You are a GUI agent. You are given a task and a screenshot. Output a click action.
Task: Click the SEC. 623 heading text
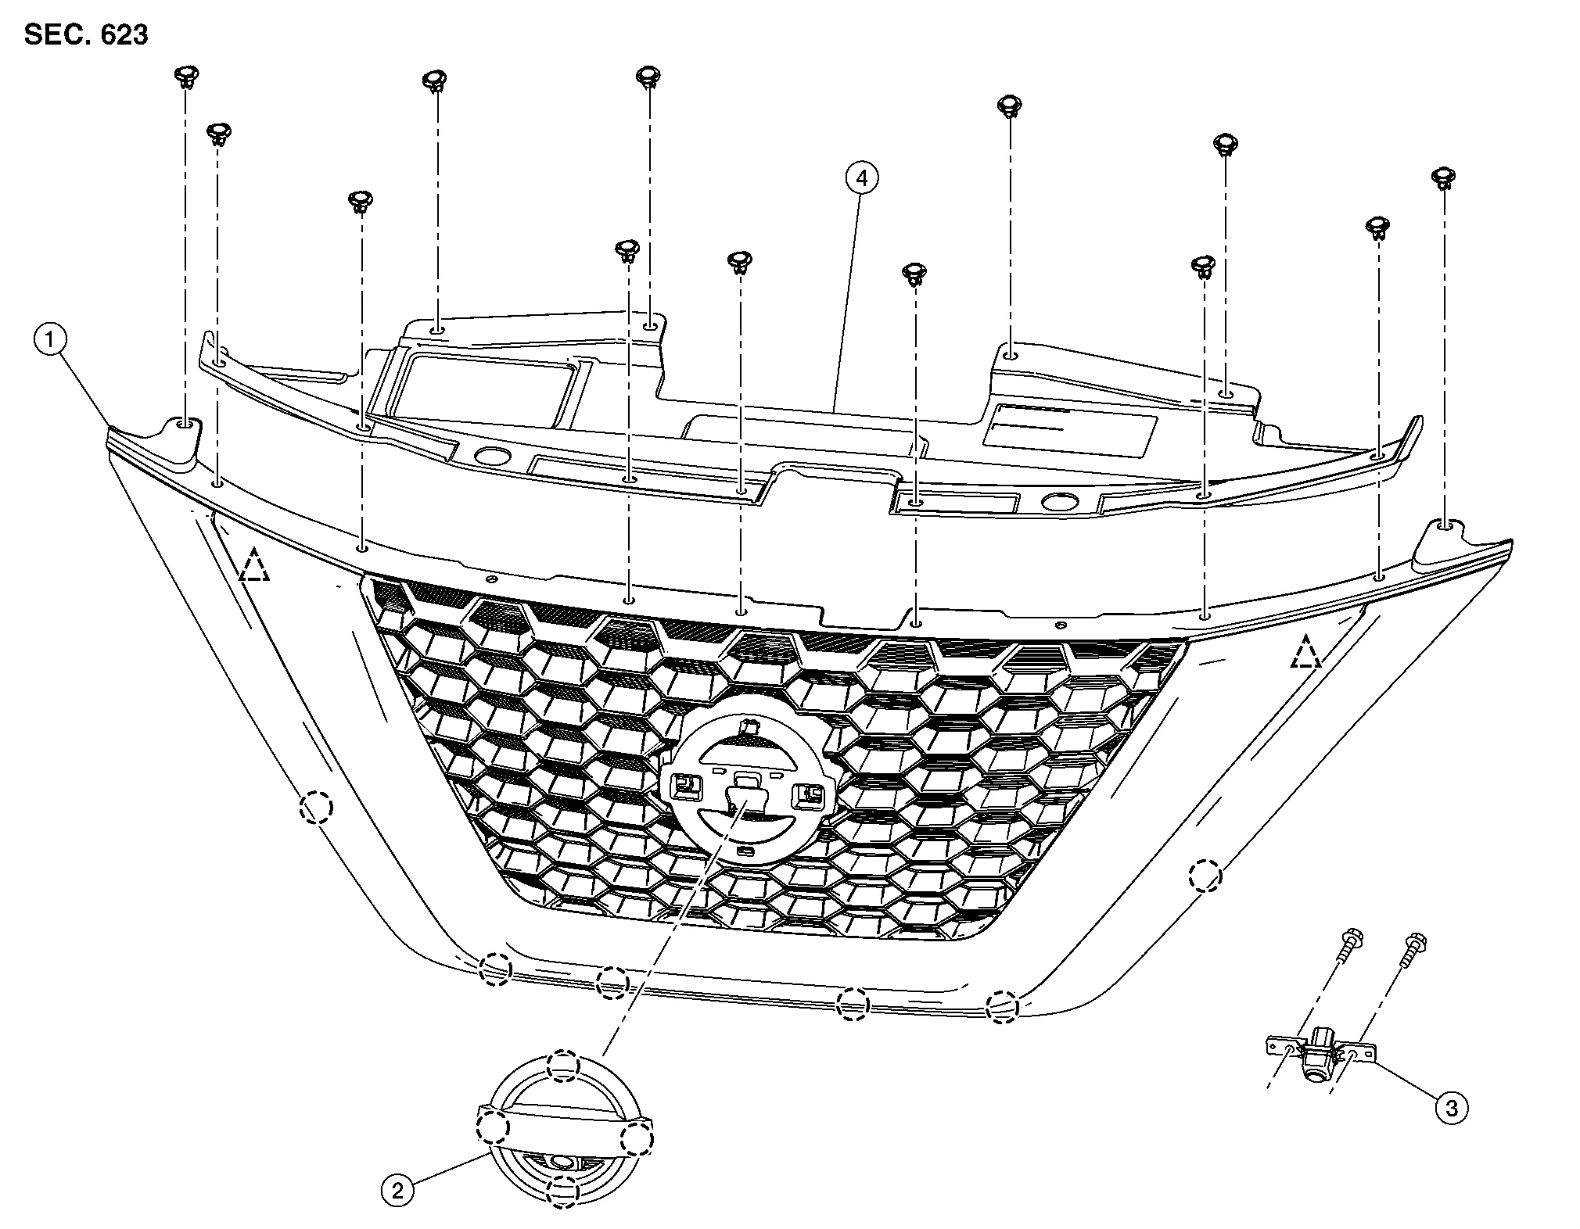(x=86, y=34)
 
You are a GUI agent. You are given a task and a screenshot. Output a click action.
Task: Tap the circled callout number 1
(x=51, y=340)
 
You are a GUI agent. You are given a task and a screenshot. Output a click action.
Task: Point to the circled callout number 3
(x=1452, y=1107)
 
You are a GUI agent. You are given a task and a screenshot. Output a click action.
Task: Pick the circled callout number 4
(x=861, y=179)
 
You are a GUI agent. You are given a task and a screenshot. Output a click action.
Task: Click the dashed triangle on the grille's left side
(x=254, y=566)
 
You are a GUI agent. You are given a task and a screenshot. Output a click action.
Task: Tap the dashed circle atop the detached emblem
(x=563, y=1064)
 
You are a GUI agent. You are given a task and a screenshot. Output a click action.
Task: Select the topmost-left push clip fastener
(x=185, y=77)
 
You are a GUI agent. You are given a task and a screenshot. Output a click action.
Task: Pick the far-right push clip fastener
(x=1442, y=178)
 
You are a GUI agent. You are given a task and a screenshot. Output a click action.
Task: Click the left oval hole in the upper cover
(x=492, y=457)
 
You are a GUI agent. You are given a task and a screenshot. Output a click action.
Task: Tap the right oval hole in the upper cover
(x=1058, y=502)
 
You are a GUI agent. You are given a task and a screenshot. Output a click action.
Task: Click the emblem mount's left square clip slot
(x=685, y=783)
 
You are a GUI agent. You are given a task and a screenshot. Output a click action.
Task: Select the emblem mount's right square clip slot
(x=808, y=796)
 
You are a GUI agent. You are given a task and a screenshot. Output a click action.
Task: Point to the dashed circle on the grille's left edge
(x=316, y=807)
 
